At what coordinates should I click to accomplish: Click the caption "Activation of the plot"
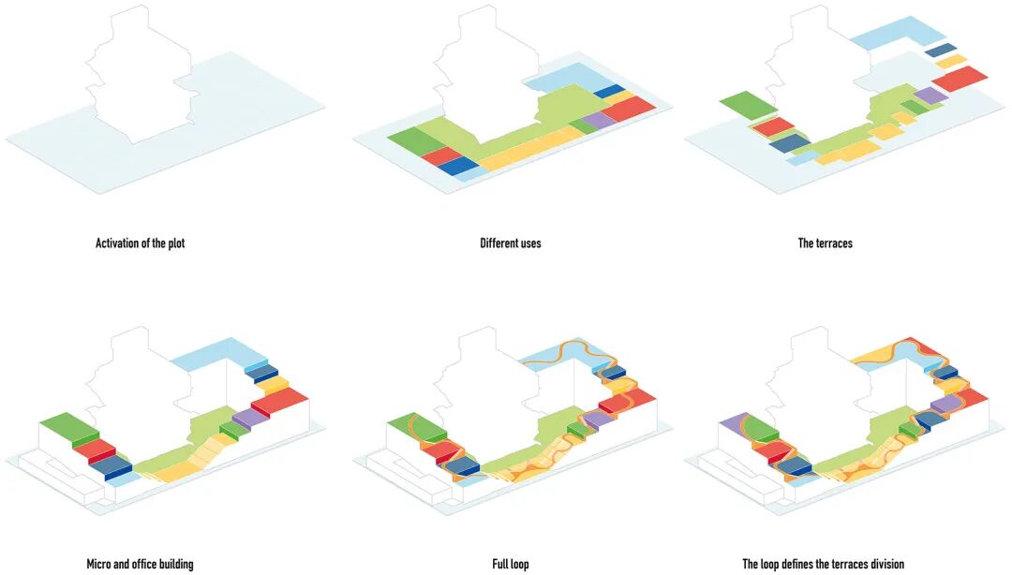140,243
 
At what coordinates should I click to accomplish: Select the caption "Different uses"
510,243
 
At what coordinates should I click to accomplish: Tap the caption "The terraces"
825,243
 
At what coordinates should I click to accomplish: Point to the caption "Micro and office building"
140,565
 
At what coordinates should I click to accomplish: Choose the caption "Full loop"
510,565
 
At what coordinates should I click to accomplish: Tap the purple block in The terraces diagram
930,95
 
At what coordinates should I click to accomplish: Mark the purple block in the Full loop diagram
597,419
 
